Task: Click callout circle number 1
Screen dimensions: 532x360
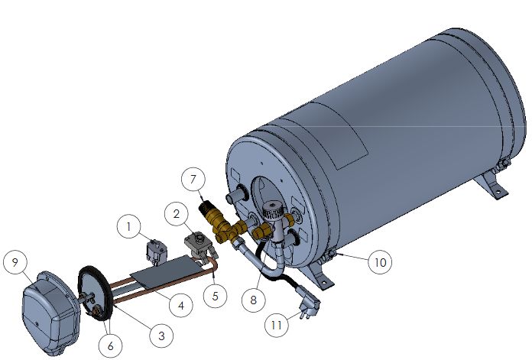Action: click(x=128, y=227)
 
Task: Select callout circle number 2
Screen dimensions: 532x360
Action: click(x=177, y=214)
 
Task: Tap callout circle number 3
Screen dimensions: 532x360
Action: click(x=161, y=336)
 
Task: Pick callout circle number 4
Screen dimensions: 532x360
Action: click(x=181, y=306)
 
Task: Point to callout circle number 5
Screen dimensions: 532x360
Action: click(x=215, y=296)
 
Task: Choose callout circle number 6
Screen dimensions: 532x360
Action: click(x=111, y=346)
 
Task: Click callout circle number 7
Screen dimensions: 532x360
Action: click(x=193, y=179)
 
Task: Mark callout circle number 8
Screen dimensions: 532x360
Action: click(x=254, y=300)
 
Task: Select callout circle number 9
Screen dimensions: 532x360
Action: click(x=15, y=262)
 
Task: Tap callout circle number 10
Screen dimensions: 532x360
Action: click(x=380, y=262)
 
